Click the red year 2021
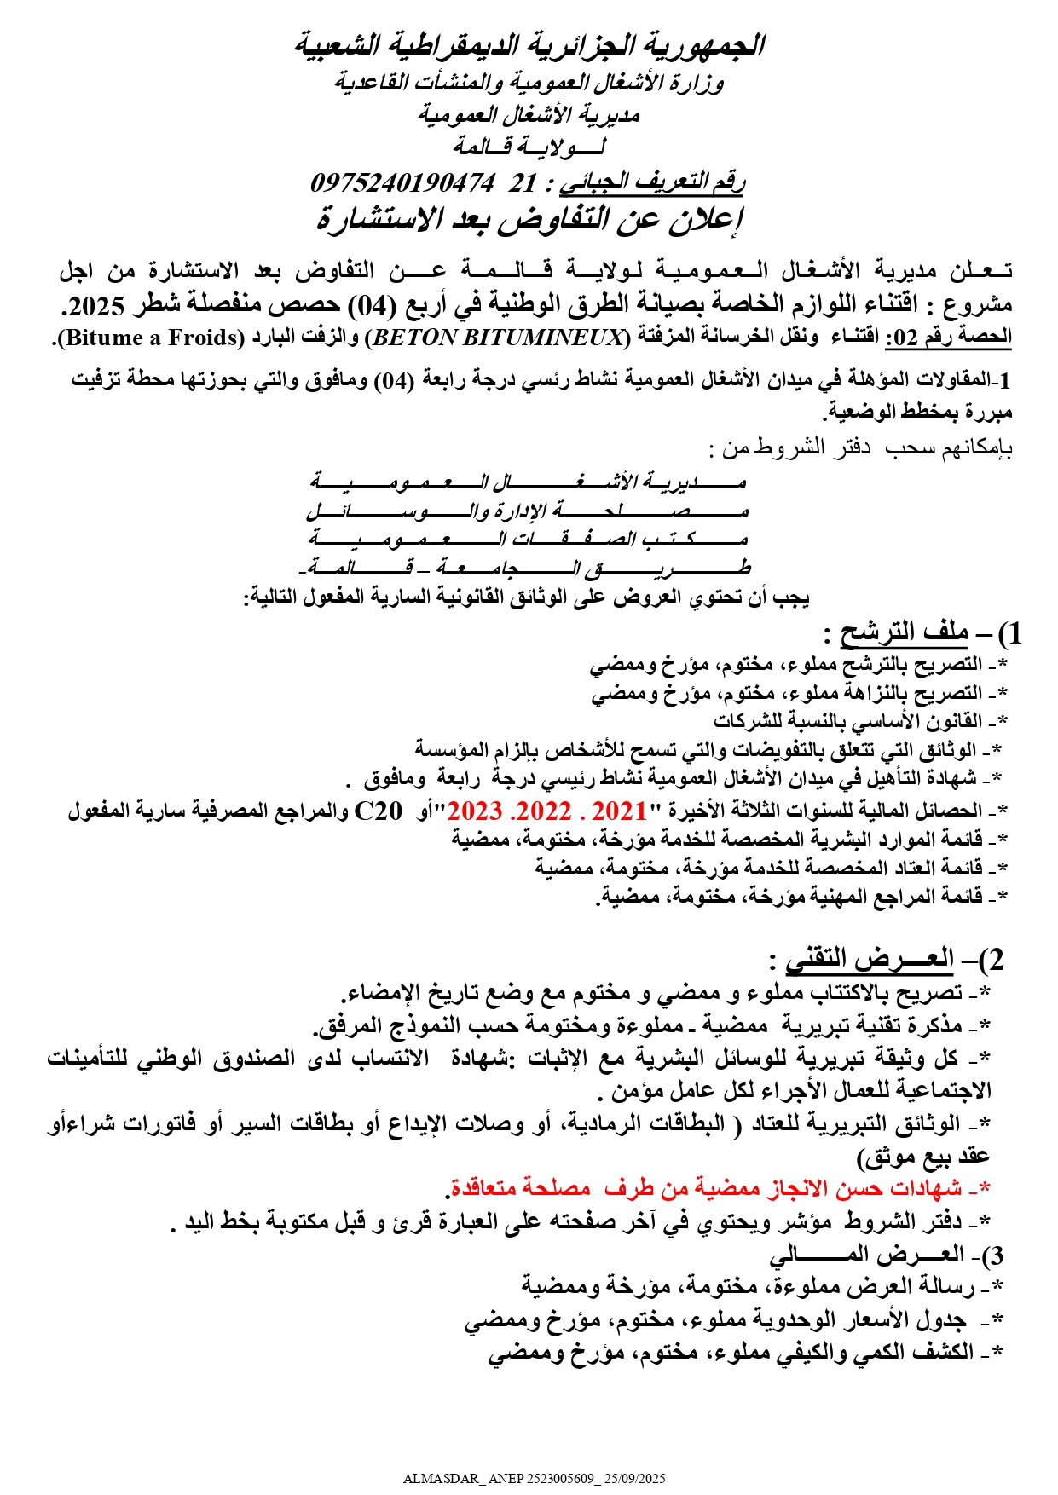tap(620, 810)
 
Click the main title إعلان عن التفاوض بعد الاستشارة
tap(529, 220)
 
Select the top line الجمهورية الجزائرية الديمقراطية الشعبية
tap(529, 45)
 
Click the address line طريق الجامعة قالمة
tap(529, 568)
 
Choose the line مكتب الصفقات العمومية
tap(529, 540)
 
